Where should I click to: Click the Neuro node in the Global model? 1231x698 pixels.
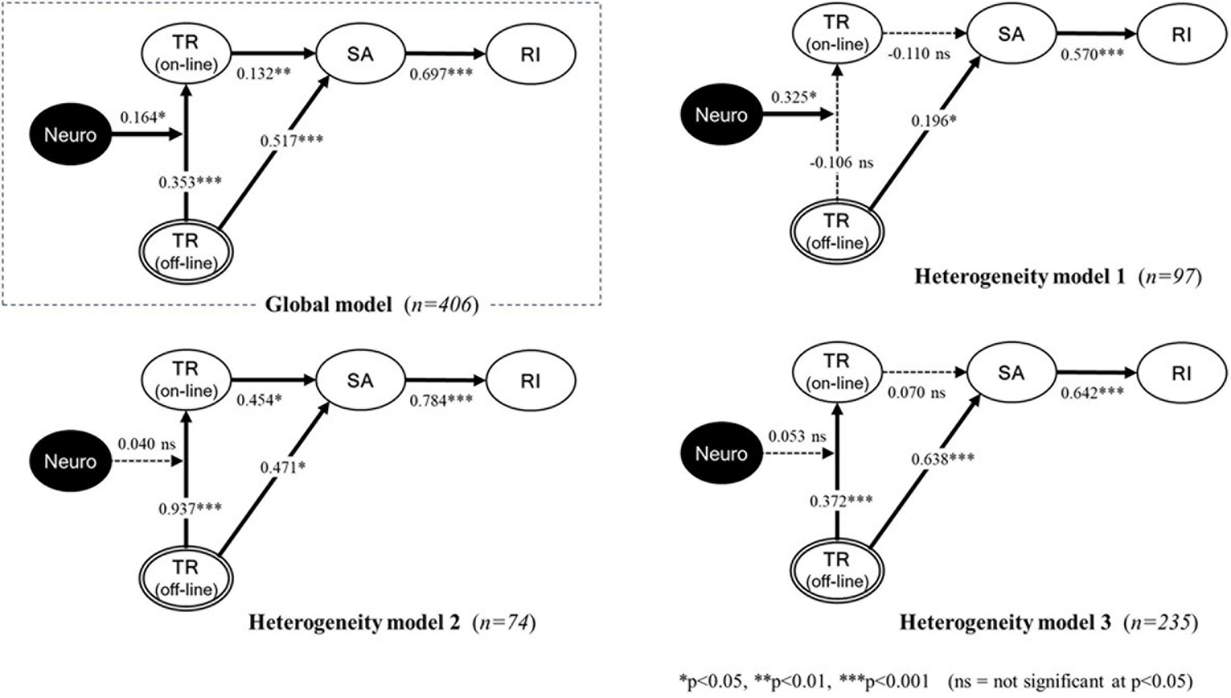point(70,134)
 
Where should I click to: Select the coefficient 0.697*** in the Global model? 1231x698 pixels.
point(441,74)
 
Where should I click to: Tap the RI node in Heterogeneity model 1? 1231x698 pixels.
point(1182,34)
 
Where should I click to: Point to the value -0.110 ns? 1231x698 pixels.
point(919,53)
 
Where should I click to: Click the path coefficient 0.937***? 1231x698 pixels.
point(190,509)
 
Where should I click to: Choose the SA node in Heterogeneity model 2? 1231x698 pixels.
point(360,381)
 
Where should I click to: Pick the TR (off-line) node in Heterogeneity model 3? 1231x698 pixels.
point(837,570)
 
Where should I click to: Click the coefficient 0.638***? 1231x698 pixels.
point(943,459)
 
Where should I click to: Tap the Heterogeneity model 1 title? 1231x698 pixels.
point(1020,277)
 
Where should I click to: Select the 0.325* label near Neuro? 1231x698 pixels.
point(793,98)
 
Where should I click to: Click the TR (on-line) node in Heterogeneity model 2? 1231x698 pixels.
point(186,380)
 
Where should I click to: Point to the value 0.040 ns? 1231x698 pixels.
point(147,444)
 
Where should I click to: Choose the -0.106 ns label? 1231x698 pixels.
point(841,163)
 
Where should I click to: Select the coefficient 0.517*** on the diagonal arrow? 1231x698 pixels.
point(291,140)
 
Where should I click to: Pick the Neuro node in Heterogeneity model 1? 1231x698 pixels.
point(721,114)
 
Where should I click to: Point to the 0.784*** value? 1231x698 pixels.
point(441,400)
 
